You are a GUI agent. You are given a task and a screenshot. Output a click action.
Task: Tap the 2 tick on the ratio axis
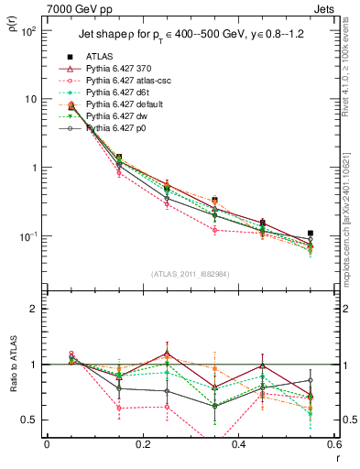34,309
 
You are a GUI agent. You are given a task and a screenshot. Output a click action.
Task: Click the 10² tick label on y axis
27,31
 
